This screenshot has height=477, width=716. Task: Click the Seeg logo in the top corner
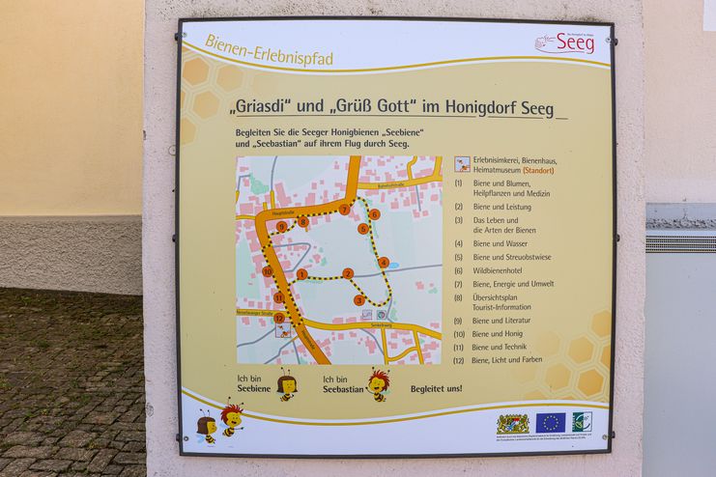tap(565, 42)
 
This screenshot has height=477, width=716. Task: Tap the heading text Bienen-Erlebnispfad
tap(270, 51)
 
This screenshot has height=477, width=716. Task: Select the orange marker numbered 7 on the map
tap(344, 209)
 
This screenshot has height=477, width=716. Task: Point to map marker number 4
tap(384, 262)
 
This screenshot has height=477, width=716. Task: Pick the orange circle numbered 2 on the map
tap(348, 273)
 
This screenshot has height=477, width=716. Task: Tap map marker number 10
tap(268, 271)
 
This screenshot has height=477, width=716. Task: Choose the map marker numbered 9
tap(282, 227)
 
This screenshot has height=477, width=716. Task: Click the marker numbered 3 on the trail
tap(359, 299)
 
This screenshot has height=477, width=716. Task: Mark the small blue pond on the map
tap(393, 265)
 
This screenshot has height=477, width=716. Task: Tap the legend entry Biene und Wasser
tap(501, 243)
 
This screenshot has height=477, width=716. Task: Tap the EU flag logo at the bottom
tap(551, 422)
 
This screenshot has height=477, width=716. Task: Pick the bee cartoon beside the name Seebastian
tap(378, 383)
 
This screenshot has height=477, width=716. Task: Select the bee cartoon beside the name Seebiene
tap(287, 384)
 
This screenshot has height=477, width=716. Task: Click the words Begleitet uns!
tap(436, 388)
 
